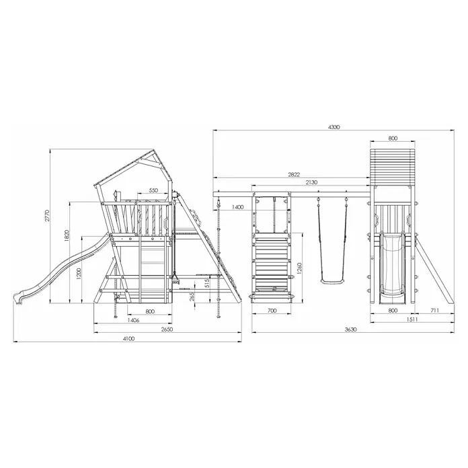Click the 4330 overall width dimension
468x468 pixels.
tap(334, 127)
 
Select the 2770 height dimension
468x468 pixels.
tap(47, 216)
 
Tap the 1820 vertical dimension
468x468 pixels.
tap(67, 236)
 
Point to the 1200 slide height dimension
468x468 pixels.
tap(79, 274)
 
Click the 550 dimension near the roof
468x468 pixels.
tap(153, 190)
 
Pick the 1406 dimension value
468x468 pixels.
tap(133, 320)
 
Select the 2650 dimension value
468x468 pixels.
tap(167, 329)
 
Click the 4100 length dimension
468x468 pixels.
tap(128, 338)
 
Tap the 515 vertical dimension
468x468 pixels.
tap(208, 283)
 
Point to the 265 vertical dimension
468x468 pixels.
tap(192, 297)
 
